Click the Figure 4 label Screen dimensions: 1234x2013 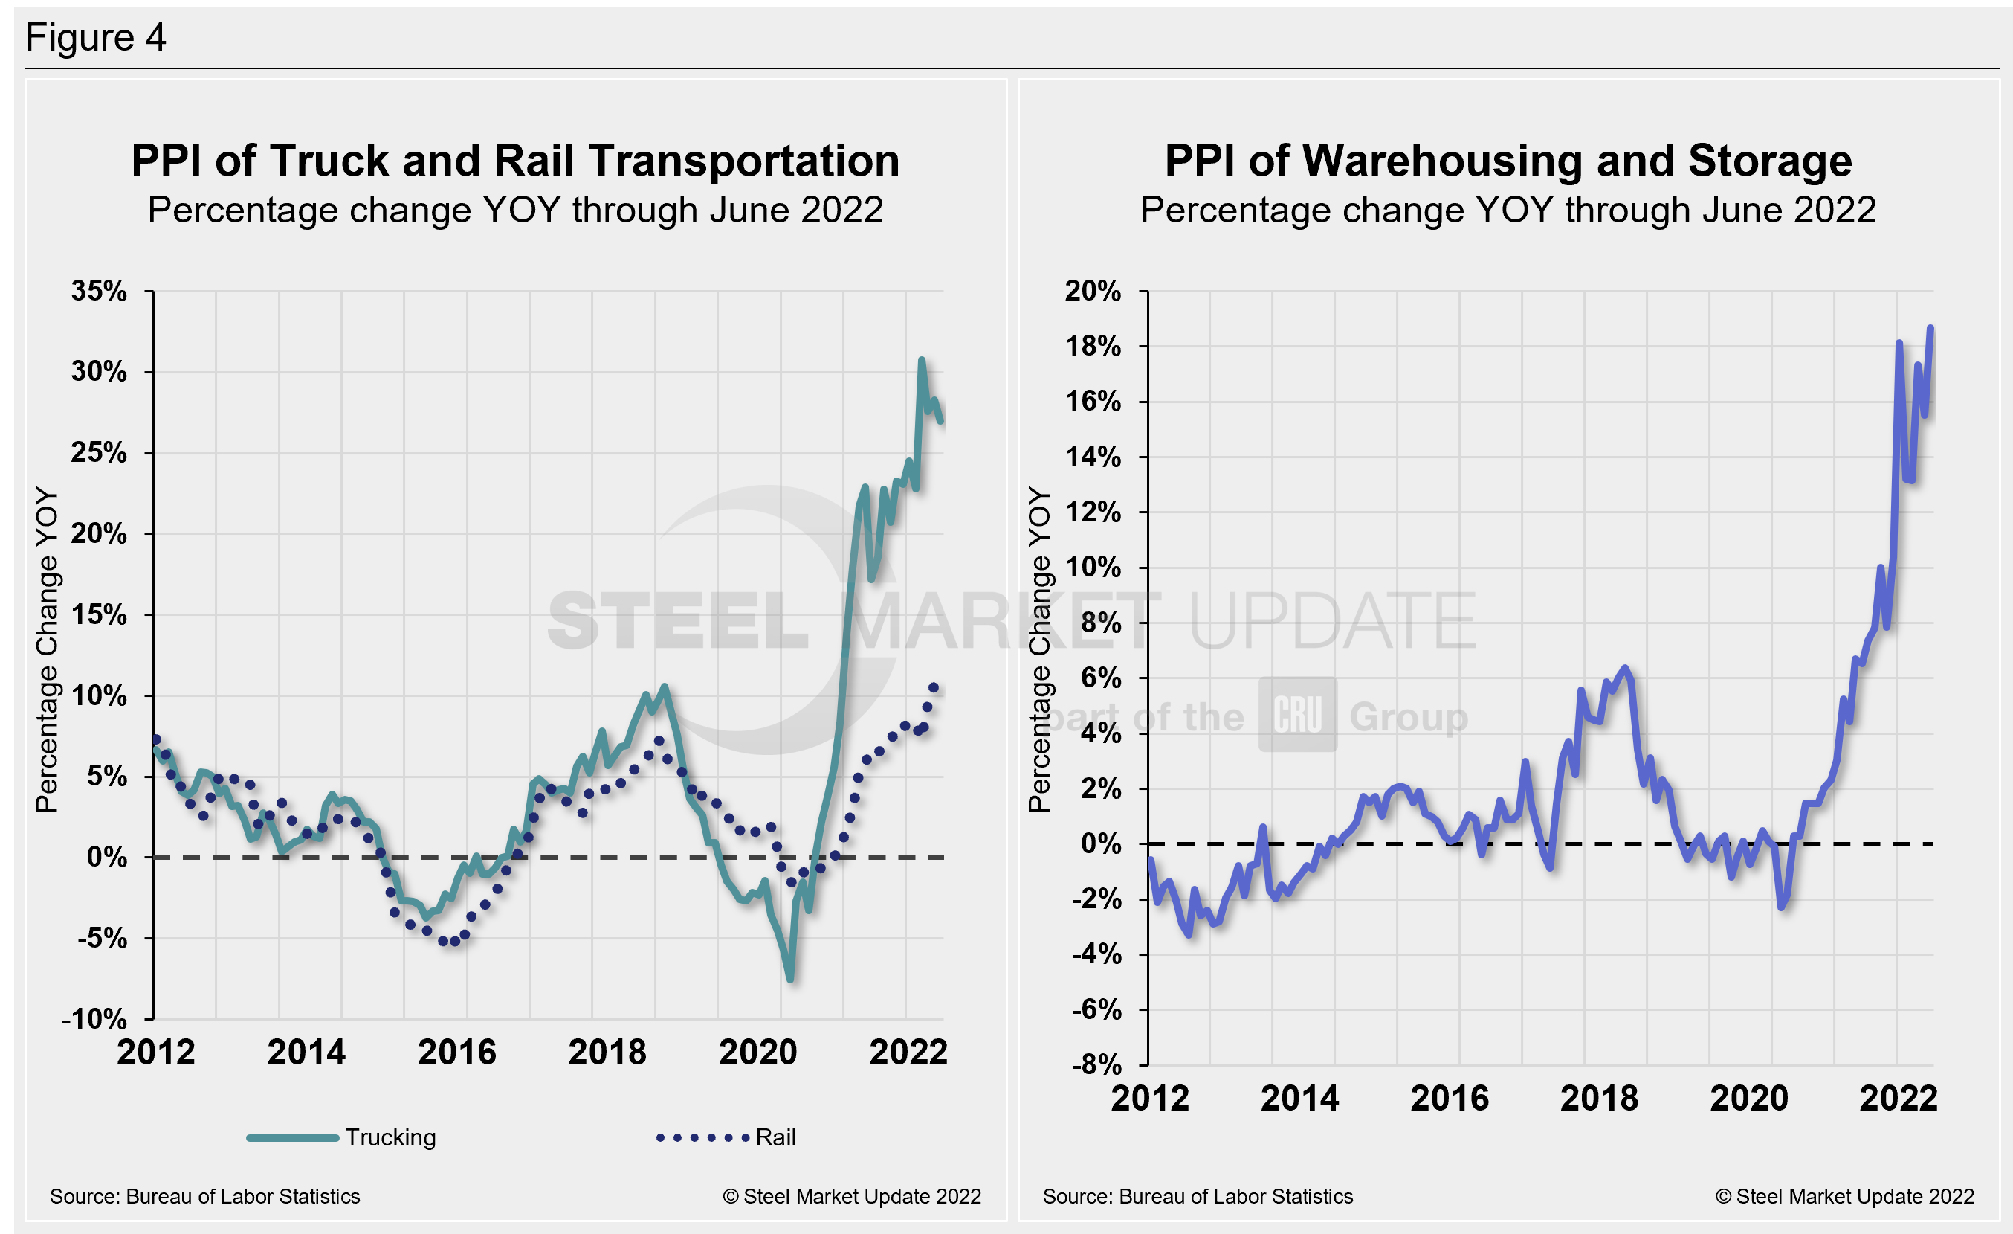point(96,38)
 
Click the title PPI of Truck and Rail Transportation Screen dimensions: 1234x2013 point(514,160)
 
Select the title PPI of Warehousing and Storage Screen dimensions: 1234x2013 point(1508,160)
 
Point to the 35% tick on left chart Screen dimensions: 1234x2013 point(99,291)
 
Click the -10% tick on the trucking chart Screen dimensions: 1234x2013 point(94,1019)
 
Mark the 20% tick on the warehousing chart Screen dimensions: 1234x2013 point(1092,291)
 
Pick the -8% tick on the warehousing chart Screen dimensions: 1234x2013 point(1096,1065)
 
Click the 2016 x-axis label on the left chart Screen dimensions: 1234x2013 point(456,1052)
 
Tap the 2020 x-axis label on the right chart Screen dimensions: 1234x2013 point(1748,1098)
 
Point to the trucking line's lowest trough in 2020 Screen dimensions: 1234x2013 point(790,978)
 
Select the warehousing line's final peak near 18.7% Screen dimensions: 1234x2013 point(1930,329)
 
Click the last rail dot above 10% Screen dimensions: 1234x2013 point(934,687)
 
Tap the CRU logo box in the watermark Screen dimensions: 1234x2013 point(1297,714)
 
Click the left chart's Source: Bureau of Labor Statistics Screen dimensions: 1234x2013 point(204,1196)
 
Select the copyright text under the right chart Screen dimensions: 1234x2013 point(1844,1196)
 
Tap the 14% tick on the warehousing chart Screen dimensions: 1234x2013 point(1092,457)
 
